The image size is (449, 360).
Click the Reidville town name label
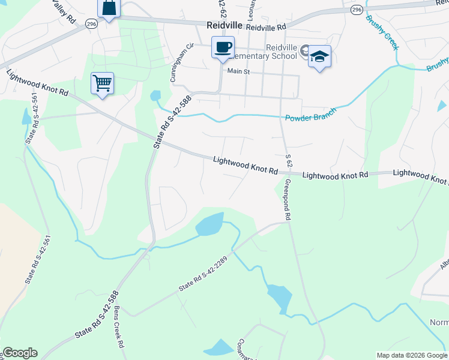(224, 26)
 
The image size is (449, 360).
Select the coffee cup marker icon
(223, 48)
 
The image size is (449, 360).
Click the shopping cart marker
(102, 83)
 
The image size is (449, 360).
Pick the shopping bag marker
(109, 8)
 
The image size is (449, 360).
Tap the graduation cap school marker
(319, 57)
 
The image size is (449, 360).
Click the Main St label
(238, 71)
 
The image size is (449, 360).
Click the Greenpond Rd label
(288, 199)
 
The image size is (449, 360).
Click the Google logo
(19, 353)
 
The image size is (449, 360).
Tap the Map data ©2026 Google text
(412, 355)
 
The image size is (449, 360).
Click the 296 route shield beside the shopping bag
(91, 23)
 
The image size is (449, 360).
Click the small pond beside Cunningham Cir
(155, 96)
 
